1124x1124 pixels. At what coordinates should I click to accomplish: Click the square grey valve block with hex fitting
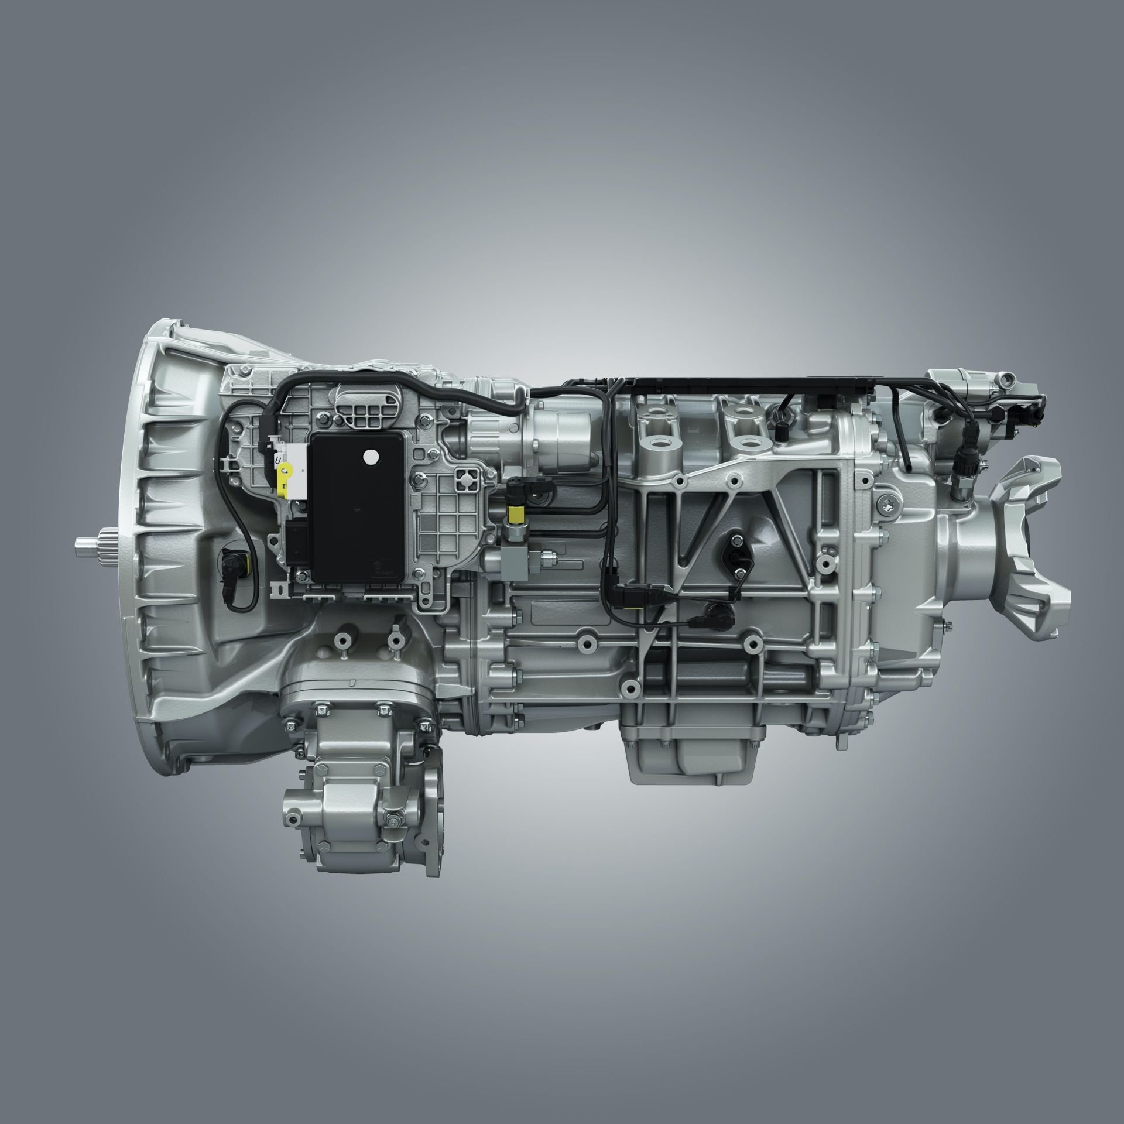coord(519,556)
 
